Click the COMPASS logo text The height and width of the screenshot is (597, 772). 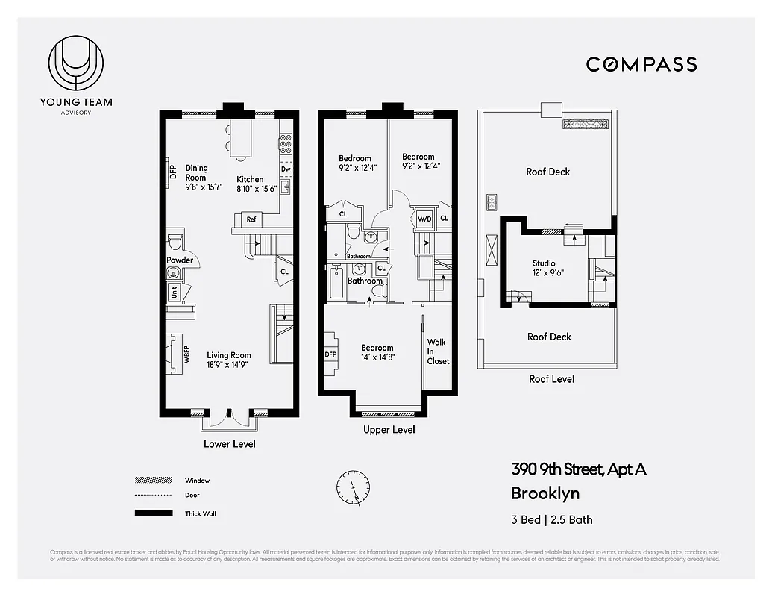point(641,64)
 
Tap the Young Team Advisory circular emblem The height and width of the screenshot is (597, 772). point(75,66)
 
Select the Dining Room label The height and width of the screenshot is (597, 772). point(196,173)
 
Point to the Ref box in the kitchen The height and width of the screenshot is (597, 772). point(251,219)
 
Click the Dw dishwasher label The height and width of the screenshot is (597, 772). point(286,169)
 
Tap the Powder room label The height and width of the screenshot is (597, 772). point(180,260)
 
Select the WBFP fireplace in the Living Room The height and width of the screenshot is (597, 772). point(175,354)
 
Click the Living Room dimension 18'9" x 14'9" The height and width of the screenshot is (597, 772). point(228,366)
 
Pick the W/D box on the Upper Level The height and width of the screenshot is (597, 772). point(424,219)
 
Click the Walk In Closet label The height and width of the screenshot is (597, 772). point(438,351)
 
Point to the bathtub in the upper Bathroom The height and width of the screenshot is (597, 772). point(336,287)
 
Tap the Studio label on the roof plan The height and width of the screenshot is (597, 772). point(544,263)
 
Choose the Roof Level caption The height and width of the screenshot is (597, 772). point(551,379)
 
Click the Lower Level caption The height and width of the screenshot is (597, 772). point(229,444)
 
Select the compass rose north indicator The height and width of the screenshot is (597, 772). point(352,487)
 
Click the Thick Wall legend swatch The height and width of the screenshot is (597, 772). point(148,513)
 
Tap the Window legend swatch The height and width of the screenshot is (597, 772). point(148,481)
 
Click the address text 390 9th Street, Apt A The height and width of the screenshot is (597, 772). point(578,469)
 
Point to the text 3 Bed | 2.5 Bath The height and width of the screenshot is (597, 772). point(551,519)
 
